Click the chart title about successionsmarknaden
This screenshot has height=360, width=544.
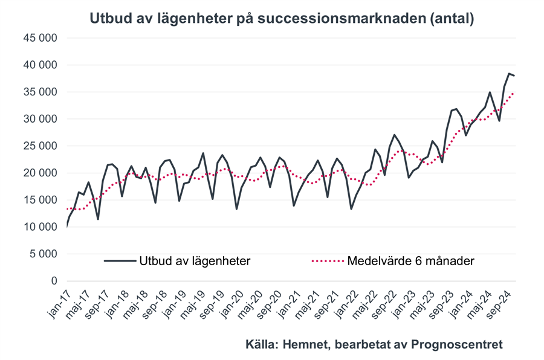282,18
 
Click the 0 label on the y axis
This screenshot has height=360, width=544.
53,281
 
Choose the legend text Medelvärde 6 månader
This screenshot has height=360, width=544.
411,261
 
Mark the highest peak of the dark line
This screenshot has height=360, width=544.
509,73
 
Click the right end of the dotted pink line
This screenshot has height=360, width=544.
514,93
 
